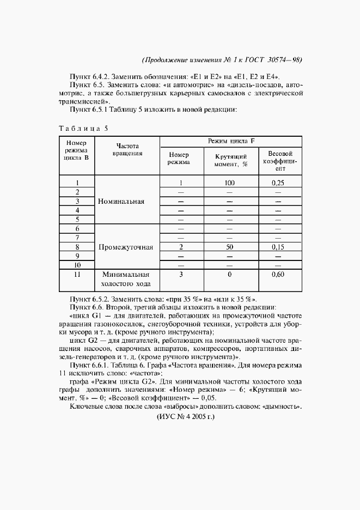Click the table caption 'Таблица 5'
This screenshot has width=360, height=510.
click(83, 129)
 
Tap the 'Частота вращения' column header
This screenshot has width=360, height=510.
click(127, 150)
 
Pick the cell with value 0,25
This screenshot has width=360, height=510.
click(278, 183)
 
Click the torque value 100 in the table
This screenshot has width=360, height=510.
click(229, 183)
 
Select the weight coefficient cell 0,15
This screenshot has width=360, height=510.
click(278, 247)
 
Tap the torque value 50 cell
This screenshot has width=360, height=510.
click(229, 247)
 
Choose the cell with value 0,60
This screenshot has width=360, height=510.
click(278, 275)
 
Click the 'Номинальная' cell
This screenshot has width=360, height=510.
click(121, 201)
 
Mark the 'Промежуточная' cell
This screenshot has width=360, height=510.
click(126, 247)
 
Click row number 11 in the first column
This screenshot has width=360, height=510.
click(77, 275)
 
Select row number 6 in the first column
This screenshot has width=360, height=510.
click(77, 228)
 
